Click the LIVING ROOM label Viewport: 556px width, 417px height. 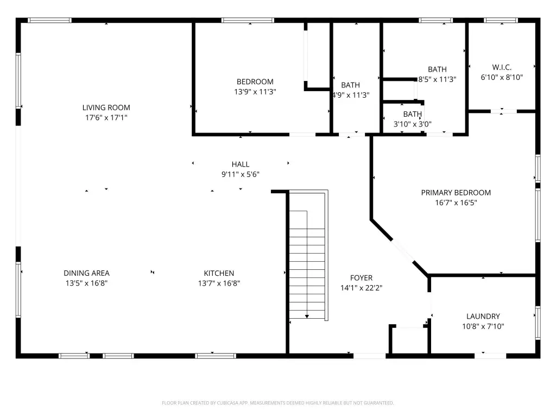(x=106, y=108)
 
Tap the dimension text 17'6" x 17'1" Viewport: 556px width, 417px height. (x=106, y=117)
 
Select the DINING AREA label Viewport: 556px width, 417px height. (x=86, y=273)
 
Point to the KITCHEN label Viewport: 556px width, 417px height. (x=219, y=273)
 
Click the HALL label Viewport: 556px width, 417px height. (x=241, y=164)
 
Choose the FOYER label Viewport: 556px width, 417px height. (x=361, y=277)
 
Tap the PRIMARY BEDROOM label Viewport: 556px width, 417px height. (x=456, y=193)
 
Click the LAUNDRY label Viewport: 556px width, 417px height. (x=483, y=317)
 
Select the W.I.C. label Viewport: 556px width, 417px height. (x=502, y=67)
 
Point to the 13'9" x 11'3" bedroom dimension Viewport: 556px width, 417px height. (x=255, y=91)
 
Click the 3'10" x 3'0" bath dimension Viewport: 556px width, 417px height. (x=413, y=124)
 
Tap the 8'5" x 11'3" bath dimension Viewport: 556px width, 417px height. (x=437, y=79)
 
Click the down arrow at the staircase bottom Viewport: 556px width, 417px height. (x=307, y=317)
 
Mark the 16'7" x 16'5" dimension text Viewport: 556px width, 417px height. (x=456, y=203)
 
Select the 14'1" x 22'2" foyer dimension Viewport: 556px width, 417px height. (x=361, y=288)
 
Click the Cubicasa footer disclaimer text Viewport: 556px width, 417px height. (x=277, y=403)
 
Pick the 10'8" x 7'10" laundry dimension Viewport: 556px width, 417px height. (x=483, y=326)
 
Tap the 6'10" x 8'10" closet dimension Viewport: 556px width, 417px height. (x=502, y=77)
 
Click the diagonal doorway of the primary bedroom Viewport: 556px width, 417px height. (x=403, y=251)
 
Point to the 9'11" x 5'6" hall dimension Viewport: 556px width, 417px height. (x=241, y=174)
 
